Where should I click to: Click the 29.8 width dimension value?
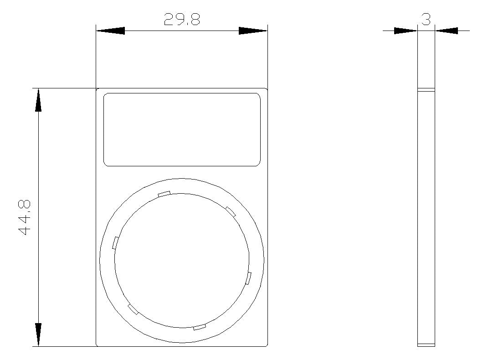click(182, 19)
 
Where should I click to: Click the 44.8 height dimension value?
click(24, 217)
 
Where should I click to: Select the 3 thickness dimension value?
click(426, 19)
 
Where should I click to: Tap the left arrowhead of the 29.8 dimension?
click(110, 31)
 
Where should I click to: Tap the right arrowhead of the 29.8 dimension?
click(253, 31)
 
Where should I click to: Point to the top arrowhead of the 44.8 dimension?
click(38, 100)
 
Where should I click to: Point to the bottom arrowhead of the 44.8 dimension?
click(38, 334)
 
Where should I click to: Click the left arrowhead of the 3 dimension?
click(406, 31)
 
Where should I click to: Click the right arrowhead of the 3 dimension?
click(446, 31)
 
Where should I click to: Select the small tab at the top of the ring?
click(164, 194)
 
